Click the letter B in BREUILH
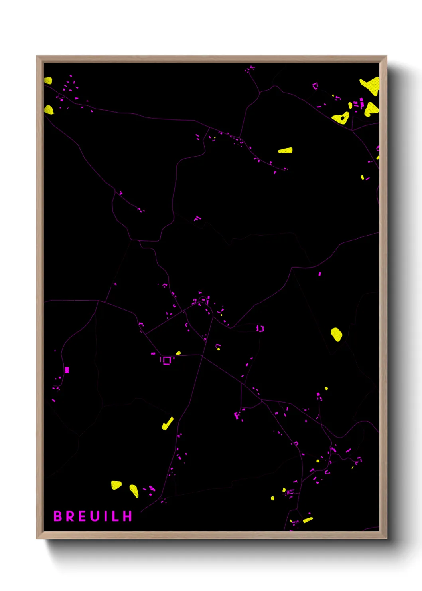[x=58, y=516]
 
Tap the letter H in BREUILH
[x=127, y=516]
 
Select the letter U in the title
[x=94, y=516]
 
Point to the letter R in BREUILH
[x=70, y=516]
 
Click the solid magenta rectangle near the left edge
[x=67, y=370]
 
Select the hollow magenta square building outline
[x=167, y=360]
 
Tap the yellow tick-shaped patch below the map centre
[x=168, y=424]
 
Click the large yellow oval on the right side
[x=336, y=334]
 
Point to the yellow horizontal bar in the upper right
[x=285, y=151]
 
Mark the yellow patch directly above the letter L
[x=116, y=485]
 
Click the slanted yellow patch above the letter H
[x=134, y=491]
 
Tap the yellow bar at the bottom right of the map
[x=308, y=520]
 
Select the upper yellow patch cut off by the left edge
[x=48, y=81]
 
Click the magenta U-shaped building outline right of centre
[x=260, y=329]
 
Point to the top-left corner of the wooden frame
[x=37, y=56]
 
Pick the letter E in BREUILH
[x=82, y=516]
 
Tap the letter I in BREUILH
[x=105, y=516]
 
